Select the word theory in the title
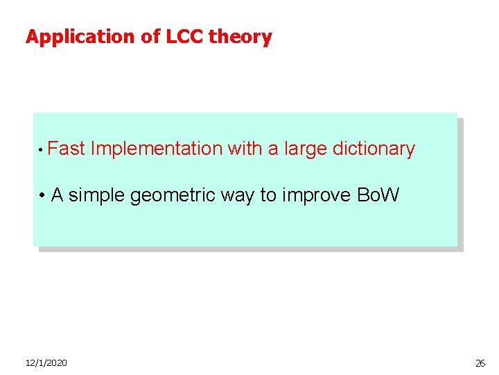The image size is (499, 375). point(240,37)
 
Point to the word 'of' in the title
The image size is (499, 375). point(151,37)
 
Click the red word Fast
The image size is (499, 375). point(67,149)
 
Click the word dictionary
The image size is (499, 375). point(374,149)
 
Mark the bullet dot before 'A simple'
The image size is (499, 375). point(43,196)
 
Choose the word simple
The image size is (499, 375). point(97,196)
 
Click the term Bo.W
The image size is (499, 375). point(378,195)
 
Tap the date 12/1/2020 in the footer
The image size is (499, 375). point(46,363)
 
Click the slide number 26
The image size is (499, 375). point(480,363)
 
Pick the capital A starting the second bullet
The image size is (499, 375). point(58,195)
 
